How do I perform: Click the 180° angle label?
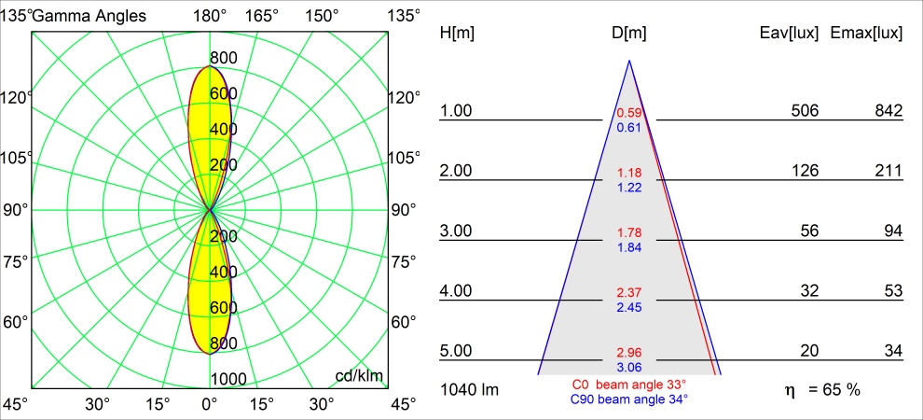point(210,15)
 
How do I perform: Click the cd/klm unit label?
point(360,376)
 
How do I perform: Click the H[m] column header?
point(457,33)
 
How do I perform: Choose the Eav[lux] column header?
point(790,33)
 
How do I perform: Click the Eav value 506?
point(804,111)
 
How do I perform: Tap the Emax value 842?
point(889,111)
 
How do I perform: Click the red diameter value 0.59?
point(629,113)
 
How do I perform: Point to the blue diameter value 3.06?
point(629,367)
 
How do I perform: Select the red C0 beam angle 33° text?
point(629,385)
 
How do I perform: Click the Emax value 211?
point(889,171)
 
